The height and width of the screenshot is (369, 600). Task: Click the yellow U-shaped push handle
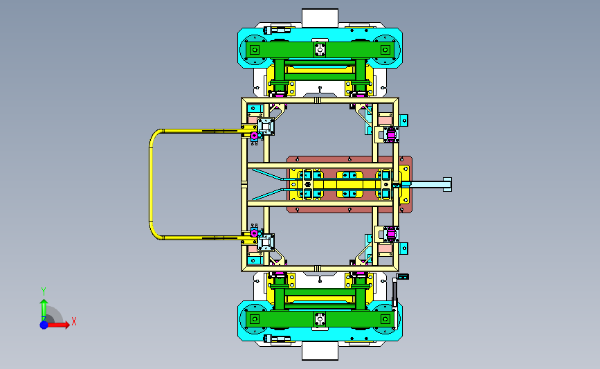pos(150,184)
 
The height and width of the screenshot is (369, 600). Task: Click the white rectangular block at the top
pos(320,18)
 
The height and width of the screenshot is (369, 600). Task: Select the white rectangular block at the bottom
pos(320,350)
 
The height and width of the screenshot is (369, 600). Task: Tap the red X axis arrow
pos(58,325)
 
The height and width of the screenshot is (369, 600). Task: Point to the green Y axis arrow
pos(44,310)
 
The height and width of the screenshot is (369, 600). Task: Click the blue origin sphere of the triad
pos(44,325)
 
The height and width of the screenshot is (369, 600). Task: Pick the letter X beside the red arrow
pos(74,321)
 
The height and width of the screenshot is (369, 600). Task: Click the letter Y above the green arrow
pos(44,291)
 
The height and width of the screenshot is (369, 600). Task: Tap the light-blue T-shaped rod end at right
pos(447,184)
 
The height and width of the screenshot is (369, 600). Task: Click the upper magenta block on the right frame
pos(391,134)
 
